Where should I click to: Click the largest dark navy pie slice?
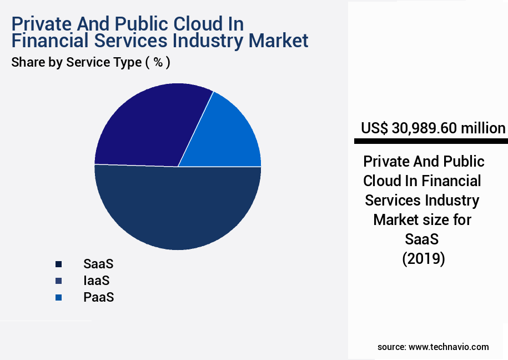coord(178,208)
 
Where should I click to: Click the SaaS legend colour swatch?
coord(58,264)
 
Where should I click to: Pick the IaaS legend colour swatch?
coord(58,281)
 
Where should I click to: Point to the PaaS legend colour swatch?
coord(58,297)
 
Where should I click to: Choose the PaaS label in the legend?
coord(98,297)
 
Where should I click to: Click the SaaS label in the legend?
coord(98,264)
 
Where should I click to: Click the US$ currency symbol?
coord(375,128)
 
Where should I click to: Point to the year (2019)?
coord(423,259)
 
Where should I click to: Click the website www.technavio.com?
coord(449,347)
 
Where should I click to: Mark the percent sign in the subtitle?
coord(158,62)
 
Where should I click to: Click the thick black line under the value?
coord(430,141)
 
